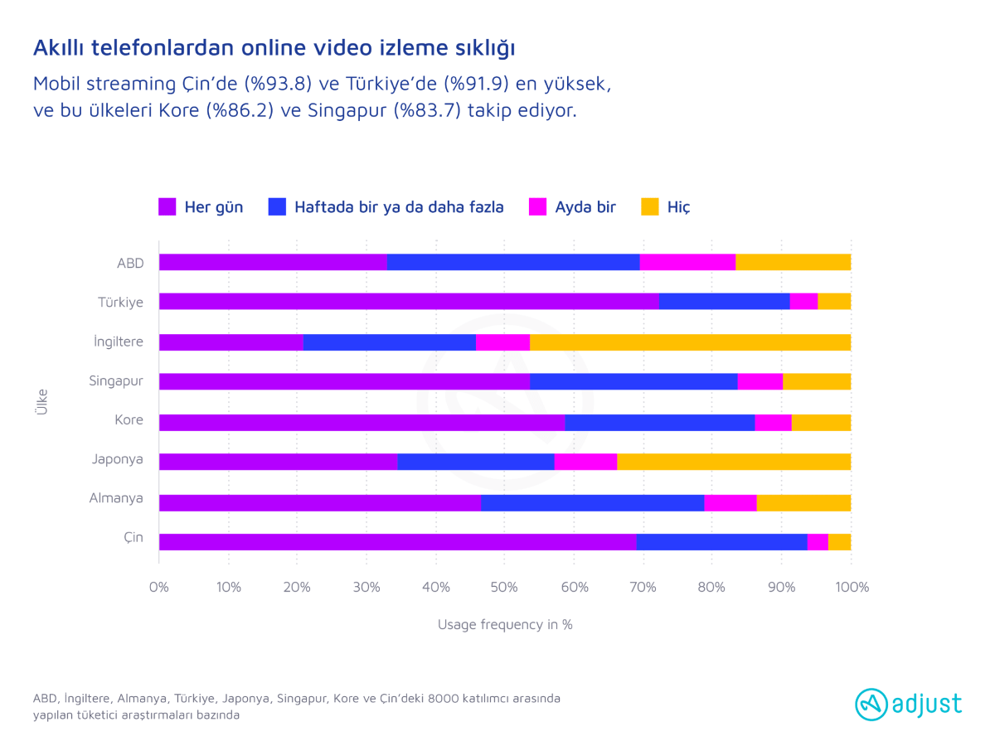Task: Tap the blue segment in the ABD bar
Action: (513, 262)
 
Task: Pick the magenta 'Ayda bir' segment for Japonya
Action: (585, 462)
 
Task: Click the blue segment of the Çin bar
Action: (721, 541)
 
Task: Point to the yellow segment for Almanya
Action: (803, 502)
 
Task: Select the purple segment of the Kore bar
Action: (362, 422)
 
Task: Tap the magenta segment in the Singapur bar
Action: (760, 381)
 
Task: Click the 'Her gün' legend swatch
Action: (167, 207)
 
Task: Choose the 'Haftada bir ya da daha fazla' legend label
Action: (399, 207)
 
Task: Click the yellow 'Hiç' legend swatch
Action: (650, 207)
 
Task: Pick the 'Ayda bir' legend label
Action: (585, 207)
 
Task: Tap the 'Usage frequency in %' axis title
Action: (505, 624)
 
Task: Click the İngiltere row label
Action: (119, 342)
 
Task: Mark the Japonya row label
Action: (118, 459)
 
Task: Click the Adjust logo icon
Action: (871, 705)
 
